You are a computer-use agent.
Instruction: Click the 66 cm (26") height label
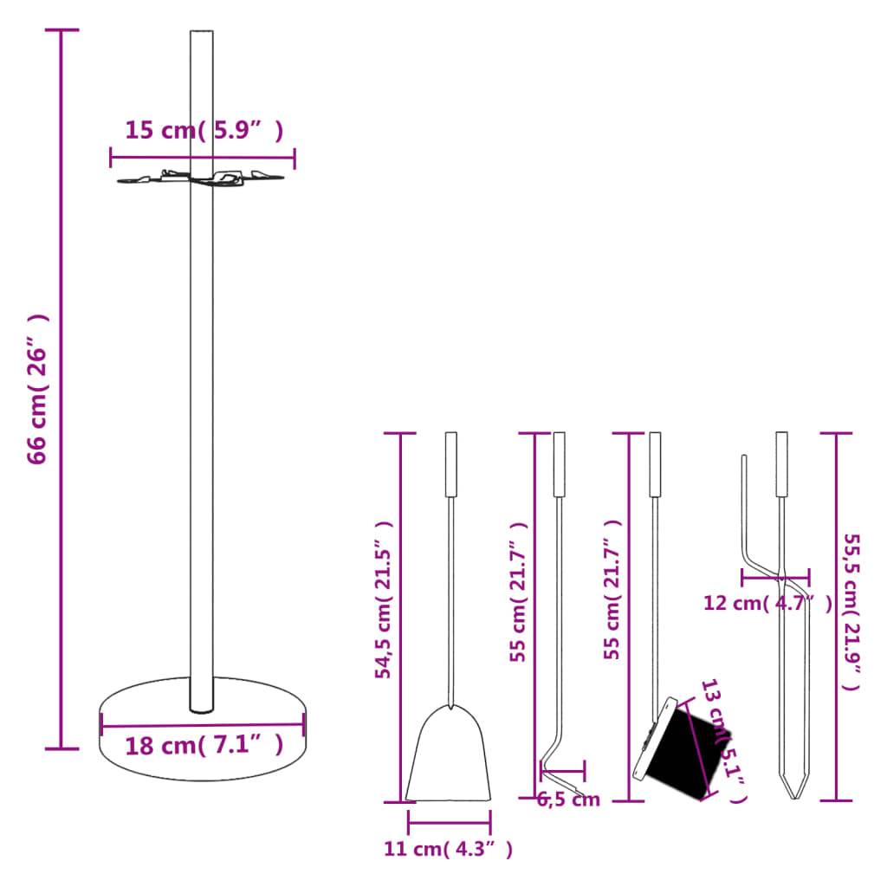pos(37,389)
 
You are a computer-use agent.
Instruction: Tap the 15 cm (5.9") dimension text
pos(204,132)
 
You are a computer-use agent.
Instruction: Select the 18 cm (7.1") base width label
pos(204,745)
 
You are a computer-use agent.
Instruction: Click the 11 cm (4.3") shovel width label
pos(448,850)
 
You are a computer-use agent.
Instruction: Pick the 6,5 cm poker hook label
pos(568,800)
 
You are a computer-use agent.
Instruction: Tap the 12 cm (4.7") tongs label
pos(767,603)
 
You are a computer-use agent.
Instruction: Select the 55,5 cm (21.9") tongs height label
pos(852,610)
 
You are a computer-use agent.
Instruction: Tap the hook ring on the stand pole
pos(202,178)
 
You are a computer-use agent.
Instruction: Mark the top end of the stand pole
pos(201,35)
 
